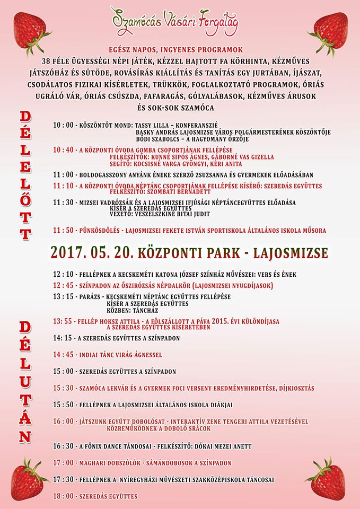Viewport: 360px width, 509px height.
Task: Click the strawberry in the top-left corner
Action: point(27,27)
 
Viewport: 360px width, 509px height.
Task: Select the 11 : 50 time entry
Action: point(63,231)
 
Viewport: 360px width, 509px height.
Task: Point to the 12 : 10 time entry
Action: point(63,275)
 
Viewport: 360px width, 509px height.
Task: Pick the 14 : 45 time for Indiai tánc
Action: point(64,355)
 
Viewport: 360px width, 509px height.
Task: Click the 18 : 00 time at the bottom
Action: point(64,496)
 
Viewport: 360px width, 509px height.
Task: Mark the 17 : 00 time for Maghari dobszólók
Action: point(64,463)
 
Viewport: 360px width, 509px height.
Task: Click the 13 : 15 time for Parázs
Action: point(63,296)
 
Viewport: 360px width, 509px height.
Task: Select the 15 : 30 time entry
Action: point(64,388)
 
